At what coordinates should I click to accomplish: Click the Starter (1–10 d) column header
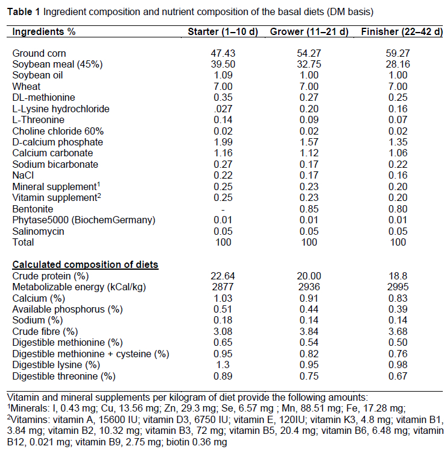pyautogui.click(x=223, y=31)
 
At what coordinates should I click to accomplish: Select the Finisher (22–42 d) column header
pyautogui.click(x=398, y=31)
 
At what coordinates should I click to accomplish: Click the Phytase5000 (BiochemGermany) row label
pyautogui.click(x=80, y=220)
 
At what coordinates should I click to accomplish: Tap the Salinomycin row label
pyautogui.click(x=37, y=231)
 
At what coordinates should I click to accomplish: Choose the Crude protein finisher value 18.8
pyautogui.click(x=399, y=276)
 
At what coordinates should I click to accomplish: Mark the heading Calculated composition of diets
pyautogui.click(x=85, y=264)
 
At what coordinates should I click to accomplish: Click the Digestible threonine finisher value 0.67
pyautogui.click(x=399, y=375)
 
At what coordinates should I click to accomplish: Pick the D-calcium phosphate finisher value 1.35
pyautogui.click(x=399, y=142)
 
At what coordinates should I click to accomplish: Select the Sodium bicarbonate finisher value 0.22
pyautogui.click(x=399, y=164)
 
